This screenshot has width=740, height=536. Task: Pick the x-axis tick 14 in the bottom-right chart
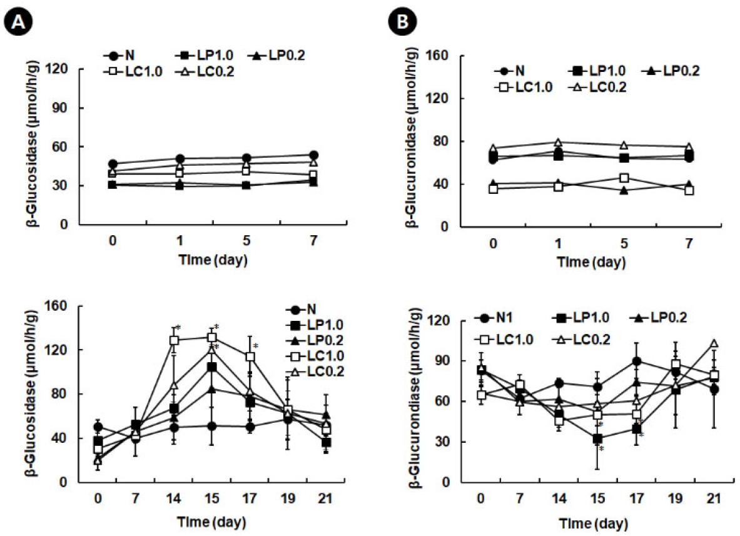(558, 500)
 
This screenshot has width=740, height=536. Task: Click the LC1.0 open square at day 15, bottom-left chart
(213, 337)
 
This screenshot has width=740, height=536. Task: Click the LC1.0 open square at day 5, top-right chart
(624, 178)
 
